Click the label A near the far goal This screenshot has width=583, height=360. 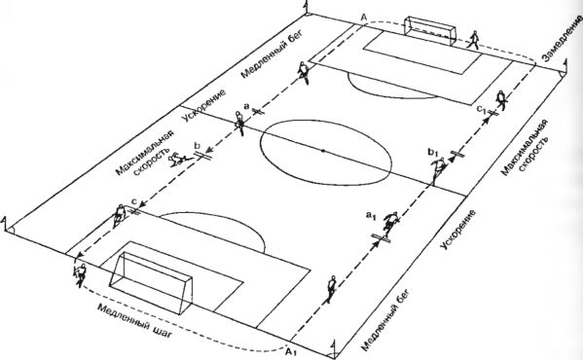[364, 17]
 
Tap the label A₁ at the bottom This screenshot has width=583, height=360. [291, 351]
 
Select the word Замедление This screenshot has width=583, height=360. [561, 40]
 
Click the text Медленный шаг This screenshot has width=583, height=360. [134, 321]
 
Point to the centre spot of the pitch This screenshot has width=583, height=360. [323, 151]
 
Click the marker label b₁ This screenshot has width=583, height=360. [433, 152]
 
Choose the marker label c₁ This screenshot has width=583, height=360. [482, 109]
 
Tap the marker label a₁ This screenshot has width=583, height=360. [370, 215]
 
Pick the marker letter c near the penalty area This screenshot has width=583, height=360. [134, 201]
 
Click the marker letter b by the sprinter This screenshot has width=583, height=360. [197, 145]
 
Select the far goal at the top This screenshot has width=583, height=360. [430, 30]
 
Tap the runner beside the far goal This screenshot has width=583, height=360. [473, 40]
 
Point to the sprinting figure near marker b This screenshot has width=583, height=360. [180, 160]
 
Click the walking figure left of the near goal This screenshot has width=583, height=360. [80, 275]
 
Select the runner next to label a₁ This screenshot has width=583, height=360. [389, 223]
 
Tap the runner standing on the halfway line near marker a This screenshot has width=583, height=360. [239, 123]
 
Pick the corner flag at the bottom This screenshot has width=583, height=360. [334, 349]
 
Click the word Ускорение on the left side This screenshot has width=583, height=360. [204, 105]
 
